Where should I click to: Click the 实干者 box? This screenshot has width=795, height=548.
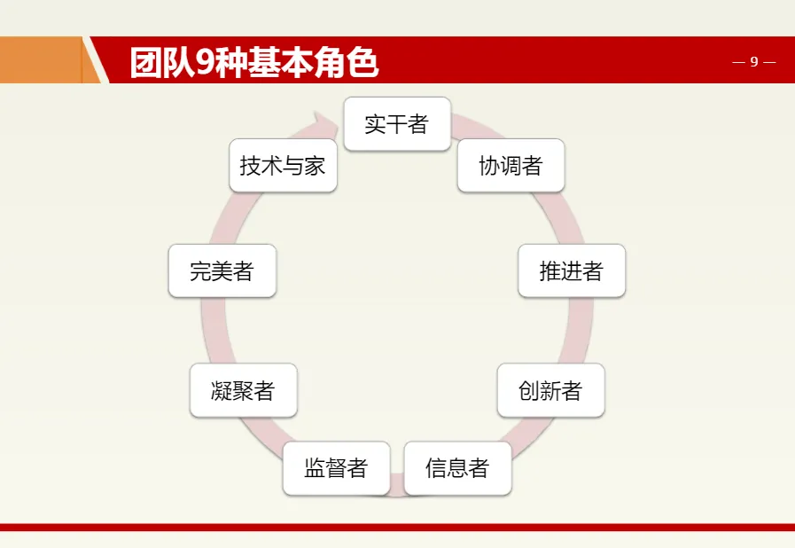397,124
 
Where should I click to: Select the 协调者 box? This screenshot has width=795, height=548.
511,166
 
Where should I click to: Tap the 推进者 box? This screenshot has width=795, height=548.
572,271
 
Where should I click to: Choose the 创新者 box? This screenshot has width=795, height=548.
550,390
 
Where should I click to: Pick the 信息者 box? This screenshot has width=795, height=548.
457,468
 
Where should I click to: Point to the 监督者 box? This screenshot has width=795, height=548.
336,468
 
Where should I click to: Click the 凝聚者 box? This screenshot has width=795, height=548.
243,390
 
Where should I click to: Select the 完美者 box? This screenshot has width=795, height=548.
222,271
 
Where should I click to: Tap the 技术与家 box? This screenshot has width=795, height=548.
283,166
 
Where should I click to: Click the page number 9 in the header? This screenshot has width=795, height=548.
754,61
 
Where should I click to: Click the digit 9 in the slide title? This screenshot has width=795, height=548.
203,62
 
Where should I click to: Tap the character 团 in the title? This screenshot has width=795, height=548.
145,62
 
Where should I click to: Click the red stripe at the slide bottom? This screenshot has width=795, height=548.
397,528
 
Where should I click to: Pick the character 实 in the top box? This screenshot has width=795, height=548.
376,124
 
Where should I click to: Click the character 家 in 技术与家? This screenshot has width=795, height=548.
316,166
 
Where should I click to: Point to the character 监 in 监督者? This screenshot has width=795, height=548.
315,468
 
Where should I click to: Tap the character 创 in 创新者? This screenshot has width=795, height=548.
529,390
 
